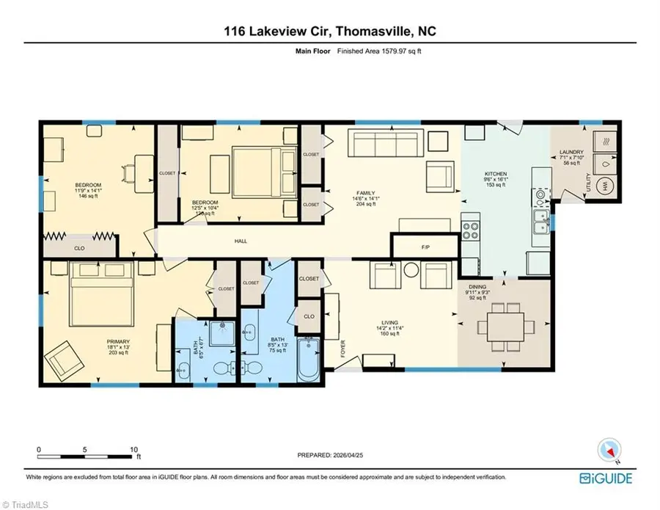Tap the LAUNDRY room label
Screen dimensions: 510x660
pos(571,152)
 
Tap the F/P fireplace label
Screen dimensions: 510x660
pos(425,247)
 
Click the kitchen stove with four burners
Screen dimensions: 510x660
pos(469,227)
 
